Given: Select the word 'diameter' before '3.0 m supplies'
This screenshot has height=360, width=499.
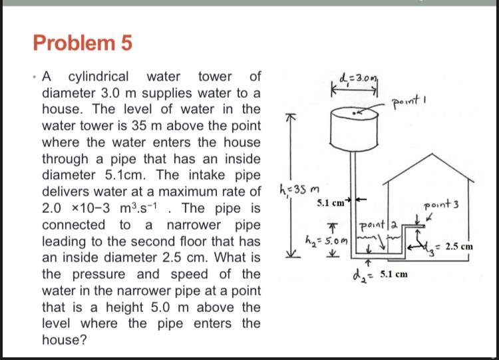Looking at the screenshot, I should click(70, 92).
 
